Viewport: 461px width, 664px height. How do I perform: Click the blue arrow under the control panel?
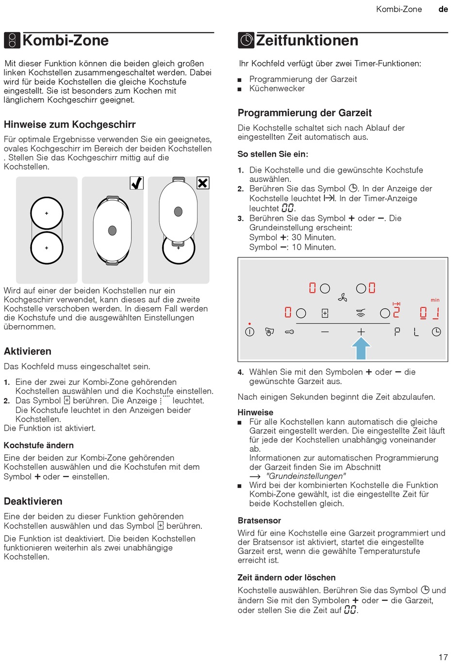[361, 348]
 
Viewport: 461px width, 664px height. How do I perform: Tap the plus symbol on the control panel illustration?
[361, 332]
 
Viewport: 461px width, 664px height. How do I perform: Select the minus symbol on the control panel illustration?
[325, 332]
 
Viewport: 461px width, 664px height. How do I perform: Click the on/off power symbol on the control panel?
[249, 332]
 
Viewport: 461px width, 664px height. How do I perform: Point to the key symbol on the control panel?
[289, 332]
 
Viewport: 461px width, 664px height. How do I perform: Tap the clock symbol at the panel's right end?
[436, 332]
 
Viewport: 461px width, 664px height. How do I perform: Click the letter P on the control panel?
[397, 332]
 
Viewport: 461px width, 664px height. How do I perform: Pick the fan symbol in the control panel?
[343, 298]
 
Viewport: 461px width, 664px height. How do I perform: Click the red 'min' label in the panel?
[435, 300]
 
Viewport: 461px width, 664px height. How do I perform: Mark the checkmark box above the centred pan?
[137, 183]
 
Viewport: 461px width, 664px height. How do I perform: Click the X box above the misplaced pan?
[203, 183]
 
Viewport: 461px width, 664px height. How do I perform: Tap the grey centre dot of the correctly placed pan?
[113, 230]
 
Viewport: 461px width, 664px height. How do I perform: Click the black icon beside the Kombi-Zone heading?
[12, 40]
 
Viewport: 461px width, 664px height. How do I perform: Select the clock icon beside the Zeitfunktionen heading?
[246, 40]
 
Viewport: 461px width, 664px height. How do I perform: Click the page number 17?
[443, 657]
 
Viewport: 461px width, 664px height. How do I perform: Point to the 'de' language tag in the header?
[443, 9]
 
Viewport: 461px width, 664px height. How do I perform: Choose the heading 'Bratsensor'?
[259, 521]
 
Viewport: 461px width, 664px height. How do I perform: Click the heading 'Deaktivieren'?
[33, 501]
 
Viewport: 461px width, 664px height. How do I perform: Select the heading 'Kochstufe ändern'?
[39, 445]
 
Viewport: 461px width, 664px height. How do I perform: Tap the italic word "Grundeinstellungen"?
[306, 476]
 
